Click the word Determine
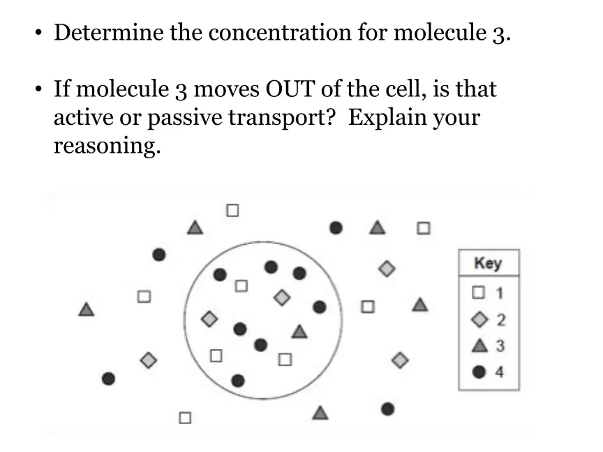tap(109, 32)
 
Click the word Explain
tap(387, 118)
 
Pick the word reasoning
tap(107, 146)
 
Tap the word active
tap(83, 118)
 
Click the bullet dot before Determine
tap(38, 33)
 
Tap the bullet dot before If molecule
tap(38, 89)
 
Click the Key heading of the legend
tap(488, 263)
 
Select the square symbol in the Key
tap(478, 292)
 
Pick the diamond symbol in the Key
tap(479, 319)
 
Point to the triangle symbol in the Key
tap(479, 345)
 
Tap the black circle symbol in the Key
tap(479, 372)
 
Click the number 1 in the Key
tap(500, 293)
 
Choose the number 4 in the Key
tap(499, 372)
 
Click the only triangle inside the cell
tap(299, 331)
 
